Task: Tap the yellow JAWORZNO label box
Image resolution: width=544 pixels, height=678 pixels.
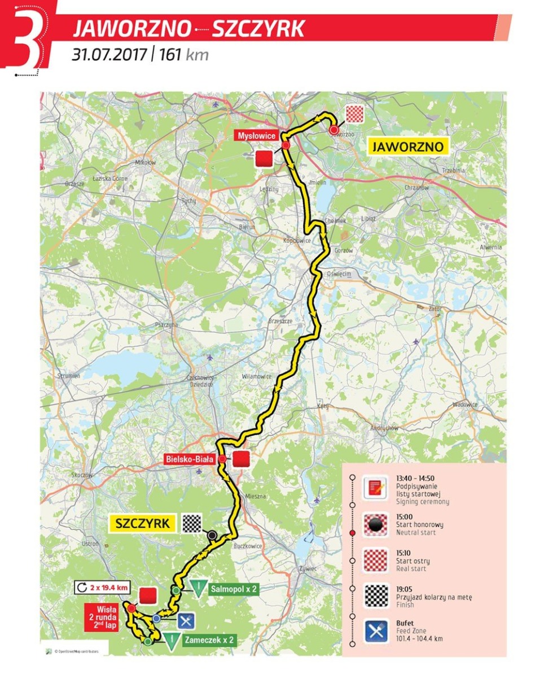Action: tap(406, 146)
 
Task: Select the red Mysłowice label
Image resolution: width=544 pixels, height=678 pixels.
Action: tap(256, 136)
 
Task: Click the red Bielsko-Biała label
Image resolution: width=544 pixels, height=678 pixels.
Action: tap(190, 459)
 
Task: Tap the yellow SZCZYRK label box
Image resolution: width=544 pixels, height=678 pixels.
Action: tap(142, 523)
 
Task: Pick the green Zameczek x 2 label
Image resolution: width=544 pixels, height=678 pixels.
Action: tap(208, 641)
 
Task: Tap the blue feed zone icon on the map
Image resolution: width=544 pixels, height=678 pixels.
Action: tap(187, 621)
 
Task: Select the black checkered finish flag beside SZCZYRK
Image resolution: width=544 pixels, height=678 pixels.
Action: tap(191, 523)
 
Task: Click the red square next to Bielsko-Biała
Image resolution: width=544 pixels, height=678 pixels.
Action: tap(241, 460)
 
